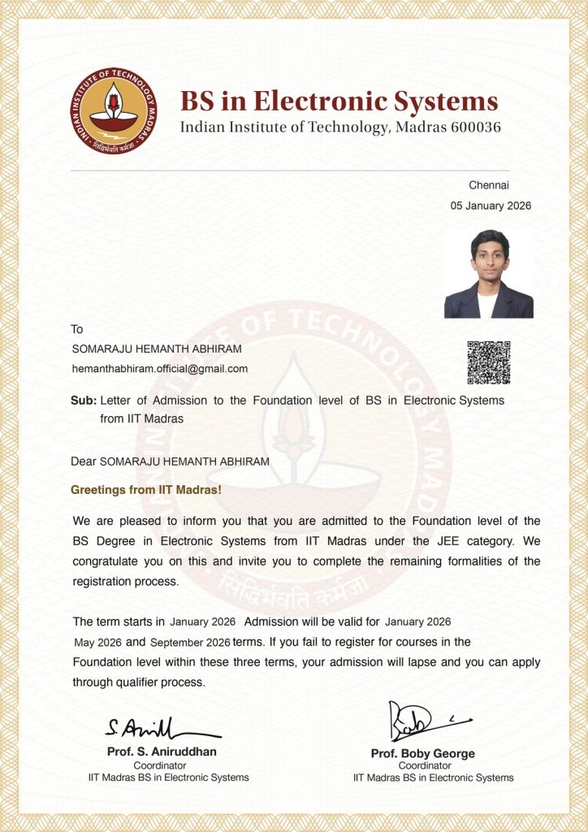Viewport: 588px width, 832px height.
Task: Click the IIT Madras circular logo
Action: pos(113,110)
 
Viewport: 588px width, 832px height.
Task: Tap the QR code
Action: pos(488,362)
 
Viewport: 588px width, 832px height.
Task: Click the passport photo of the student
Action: pos(488,274)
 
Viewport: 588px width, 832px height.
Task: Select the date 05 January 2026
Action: pos(491,206)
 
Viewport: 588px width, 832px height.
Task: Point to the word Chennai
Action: pos(489,185)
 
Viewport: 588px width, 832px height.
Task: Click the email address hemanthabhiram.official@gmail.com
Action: pos(160,369)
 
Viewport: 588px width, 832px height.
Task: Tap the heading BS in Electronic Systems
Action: pos(339,102)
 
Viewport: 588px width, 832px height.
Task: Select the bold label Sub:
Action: pos(84,401)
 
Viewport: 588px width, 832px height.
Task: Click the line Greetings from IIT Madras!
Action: pos(146,490)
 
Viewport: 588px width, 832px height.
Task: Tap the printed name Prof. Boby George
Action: pos(422,753)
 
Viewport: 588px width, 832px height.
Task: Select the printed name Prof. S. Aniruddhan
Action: pos(162,752)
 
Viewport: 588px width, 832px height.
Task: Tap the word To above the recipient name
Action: pos(77,329)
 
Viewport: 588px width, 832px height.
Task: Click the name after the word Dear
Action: pos(184,461)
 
